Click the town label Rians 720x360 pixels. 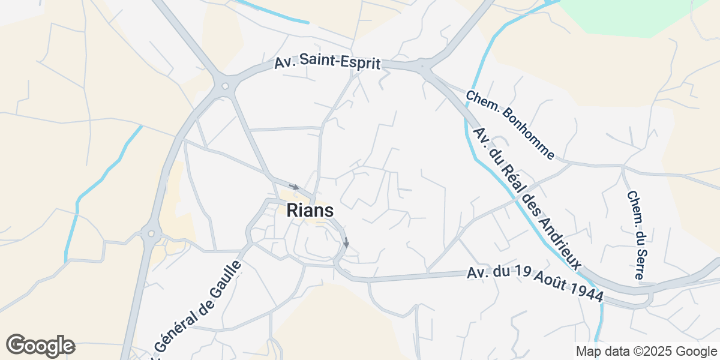click(310, 211)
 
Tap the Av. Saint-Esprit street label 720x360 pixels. click(328, 63)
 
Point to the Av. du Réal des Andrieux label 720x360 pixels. click(527, 198)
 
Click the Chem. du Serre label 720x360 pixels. click(634, 235)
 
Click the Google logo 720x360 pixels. click(40, 346)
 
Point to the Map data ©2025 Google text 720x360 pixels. click(646, 351)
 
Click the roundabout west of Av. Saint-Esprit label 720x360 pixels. click(226, 86)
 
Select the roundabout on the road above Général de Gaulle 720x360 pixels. click(151, 233)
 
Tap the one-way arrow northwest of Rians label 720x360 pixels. click(293, 187)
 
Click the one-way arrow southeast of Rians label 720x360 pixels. click(346, 242)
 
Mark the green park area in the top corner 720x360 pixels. click(630, 15)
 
